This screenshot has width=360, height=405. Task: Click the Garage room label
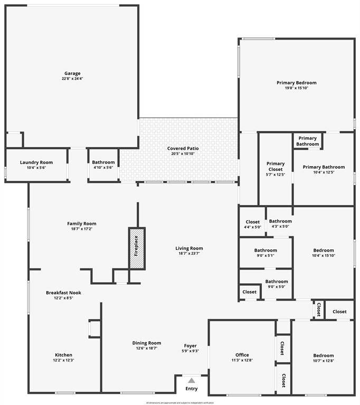72,73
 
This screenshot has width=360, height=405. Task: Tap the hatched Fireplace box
136,248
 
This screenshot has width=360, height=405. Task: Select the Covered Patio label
183,148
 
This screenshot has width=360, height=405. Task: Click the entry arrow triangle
191,380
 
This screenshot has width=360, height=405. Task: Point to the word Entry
191,389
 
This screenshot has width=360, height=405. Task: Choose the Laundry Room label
36,162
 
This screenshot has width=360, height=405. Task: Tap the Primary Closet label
276,166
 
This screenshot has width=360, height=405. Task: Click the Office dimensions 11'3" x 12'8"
242,361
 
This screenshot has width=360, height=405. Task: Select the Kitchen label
64,355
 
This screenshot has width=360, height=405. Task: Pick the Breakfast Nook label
63,292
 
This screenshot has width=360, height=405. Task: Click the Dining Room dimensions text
147,348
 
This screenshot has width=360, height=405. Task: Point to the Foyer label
190,346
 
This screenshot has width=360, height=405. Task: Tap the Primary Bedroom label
297,83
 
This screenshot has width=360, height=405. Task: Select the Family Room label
82,224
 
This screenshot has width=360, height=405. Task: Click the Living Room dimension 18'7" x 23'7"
189,253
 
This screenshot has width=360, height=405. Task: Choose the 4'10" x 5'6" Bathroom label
103,162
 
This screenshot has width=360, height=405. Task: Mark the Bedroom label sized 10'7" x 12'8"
323,355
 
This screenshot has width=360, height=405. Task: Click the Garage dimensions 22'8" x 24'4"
72,79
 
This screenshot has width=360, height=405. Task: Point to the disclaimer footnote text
180,402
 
